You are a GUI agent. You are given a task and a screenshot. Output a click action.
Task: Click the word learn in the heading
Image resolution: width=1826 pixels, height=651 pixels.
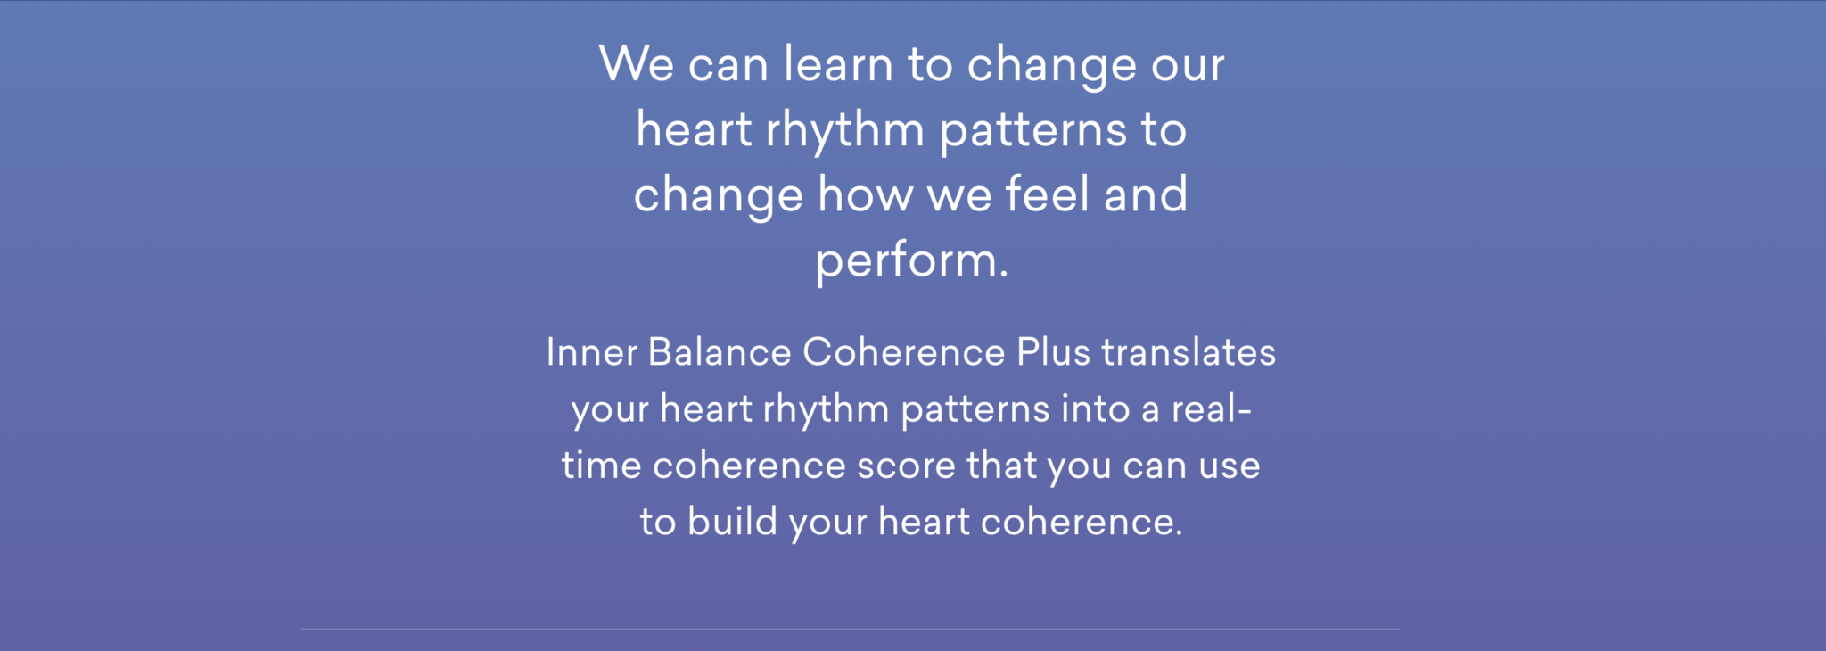[x=838, y=64]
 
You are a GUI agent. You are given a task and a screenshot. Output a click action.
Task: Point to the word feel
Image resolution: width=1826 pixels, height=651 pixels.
[x=1047, y=194]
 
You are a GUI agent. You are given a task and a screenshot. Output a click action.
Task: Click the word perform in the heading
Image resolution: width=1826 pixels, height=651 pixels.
[x=906, y=262]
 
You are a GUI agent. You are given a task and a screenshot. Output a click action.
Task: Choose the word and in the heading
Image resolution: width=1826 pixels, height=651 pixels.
[x=1146, y=194]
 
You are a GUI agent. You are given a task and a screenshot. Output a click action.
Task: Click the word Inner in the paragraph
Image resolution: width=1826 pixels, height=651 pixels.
[x=592, y=352]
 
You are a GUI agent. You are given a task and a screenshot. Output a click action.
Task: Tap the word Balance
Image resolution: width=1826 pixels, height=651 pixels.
[x=720, y=352]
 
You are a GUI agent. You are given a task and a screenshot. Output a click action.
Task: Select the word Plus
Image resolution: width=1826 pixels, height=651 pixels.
[x=1054, y=352]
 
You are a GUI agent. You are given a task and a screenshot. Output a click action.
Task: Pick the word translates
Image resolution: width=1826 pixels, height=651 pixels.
[x=1189, y=352]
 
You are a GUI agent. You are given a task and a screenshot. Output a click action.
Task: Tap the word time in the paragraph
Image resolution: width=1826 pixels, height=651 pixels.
[x=602, y=466]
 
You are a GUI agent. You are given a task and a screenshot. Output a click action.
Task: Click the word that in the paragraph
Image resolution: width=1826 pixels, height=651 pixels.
[x=1002, y=466]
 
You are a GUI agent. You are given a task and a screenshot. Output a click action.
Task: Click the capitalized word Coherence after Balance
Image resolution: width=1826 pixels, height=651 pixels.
[x=904, y=352]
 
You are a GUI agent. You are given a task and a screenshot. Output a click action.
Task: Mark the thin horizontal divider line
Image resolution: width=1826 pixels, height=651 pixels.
[x=851, y=629]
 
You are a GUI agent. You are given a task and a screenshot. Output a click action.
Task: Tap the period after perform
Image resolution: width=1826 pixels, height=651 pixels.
[x=1004, y=276]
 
